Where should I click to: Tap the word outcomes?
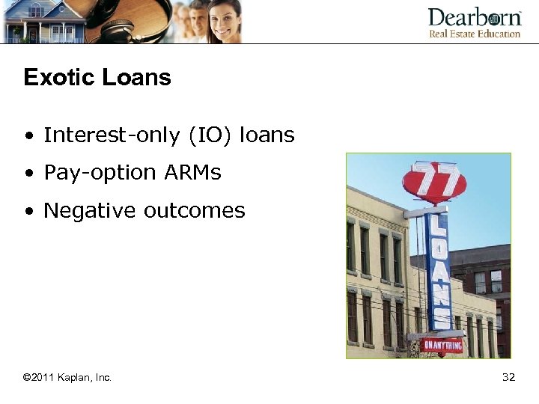(195, 211)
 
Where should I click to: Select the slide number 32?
(508, 377)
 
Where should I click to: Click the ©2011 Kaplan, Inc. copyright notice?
(67, 377)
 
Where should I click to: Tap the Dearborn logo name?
(474, 17)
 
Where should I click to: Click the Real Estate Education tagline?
(474, 34)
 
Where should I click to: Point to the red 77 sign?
(434, 182)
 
